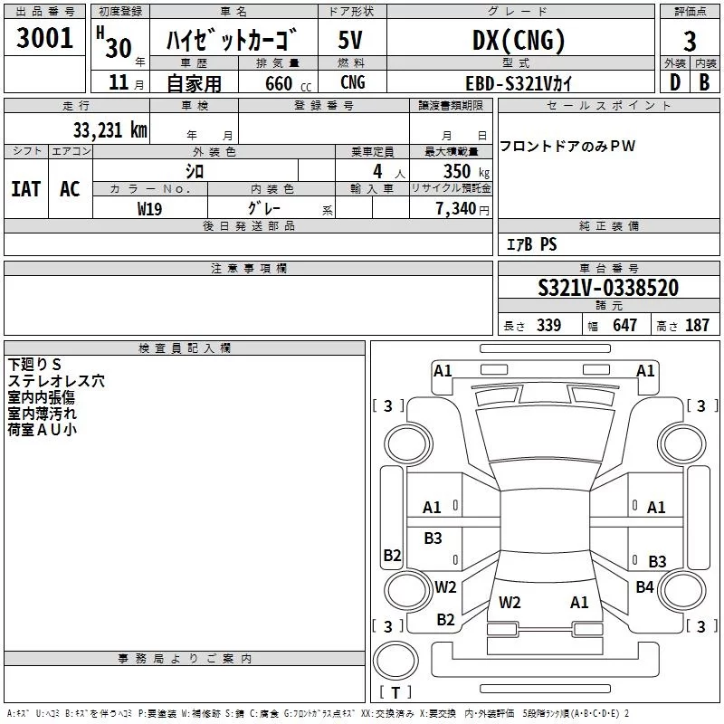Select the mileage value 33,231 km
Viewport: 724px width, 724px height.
pos(110,129)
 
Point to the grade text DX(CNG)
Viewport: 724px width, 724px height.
pos(519,41)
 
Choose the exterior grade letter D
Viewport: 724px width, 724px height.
pos(674,82)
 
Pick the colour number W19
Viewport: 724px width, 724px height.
pos(150,207)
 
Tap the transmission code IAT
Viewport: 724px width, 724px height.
pos(25,188)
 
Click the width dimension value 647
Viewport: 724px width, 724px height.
pos(624,325)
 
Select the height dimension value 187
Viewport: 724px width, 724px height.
pos(697,325)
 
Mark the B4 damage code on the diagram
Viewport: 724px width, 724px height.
pos(644,587)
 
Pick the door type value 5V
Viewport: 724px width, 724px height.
pos(351,41)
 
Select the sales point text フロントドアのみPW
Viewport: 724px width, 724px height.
pos(567,146)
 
